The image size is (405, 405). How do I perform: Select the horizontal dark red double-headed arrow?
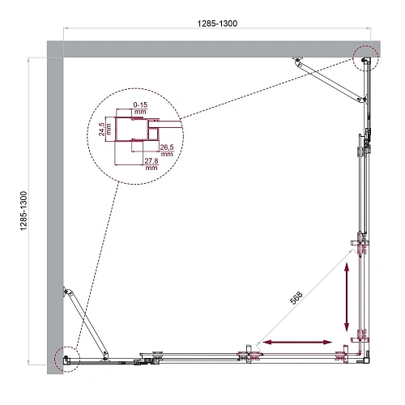pos(296,343)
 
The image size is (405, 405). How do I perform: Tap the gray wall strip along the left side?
pos(55,211)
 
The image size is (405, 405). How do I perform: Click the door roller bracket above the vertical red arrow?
pos(361,245)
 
